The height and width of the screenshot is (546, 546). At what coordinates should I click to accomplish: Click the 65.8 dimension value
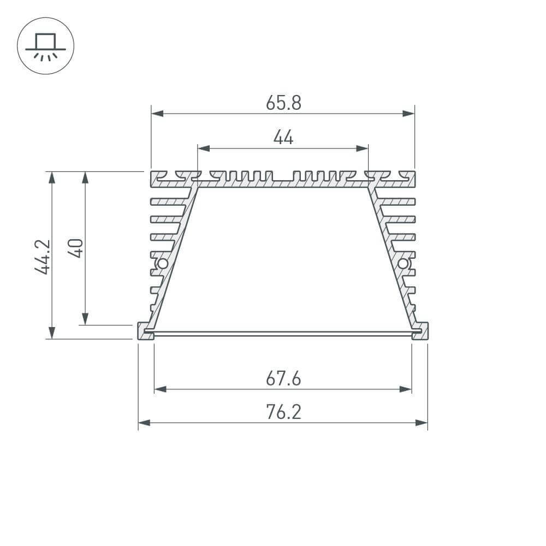pos(283,102)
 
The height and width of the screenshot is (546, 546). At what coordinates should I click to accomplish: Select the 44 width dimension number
pos(283,138)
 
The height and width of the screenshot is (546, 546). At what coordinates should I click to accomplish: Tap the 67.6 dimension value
pos(283,378)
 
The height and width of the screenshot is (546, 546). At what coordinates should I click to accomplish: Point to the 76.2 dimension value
pos(283,412)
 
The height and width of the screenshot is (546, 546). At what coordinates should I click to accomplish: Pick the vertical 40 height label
pos(76,248)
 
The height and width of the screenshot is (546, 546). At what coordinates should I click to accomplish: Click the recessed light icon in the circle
pos(45,46)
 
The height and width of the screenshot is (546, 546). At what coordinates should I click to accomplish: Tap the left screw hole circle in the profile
pos(162,264)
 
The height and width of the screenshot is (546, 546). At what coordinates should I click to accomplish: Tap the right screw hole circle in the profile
pos(403,264)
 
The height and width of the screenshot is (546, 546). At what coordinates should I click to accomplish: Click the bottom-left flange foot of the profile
pos(145,331)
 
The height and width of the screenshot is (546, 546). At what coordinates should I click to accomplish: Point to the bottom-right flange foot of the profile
pos(420,331)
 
